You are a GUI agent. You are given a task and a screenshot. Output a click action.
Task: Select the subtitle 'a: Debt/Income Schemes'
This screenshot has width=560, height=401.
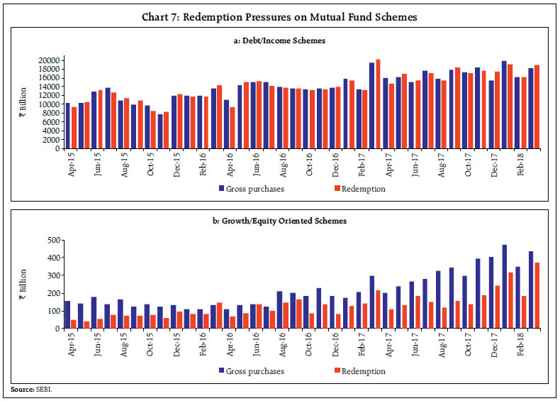[x=280, y=41]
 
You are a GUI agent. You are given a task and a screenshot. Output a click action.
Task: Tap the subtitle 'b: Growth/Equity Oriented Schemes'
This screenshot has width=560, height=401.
[x=280, y=221]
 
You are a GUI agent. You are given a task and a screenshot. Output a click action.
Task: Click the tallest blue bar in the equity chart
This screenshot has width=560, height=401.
[x=504, y=287]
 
